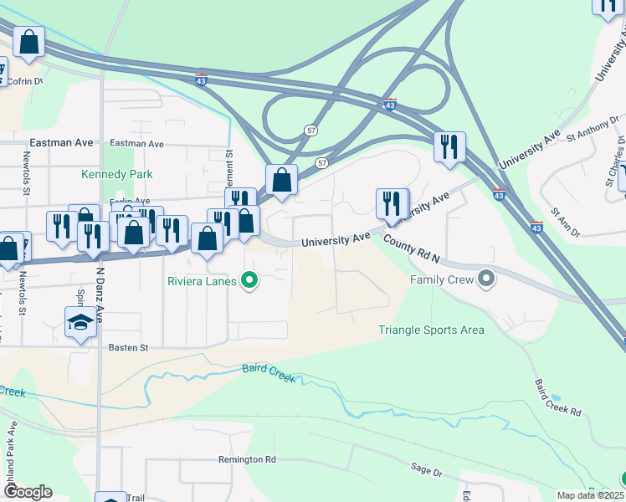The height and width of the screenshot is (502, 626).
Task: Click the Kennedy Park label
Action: (x=116, y=175)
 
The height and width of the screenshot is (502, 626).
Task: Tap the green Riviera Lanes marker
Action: (x=249, y=281)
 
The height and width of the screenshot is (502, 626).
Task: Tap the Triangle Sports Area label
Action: (x=431, y=330)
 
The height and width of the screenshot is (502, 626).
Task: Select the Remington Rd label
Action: (x=247, y=459)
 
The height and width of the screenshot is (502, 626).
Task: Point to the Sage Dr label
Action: (x=426, y=472)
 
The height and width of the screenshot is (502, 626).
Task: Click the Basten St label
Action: (x=127, y=347)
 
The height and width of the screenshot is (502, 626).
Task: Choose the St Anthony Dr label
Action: (x=593, y=131)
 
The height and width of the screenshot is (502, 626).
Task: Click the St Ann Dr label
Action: (x=566, y=223)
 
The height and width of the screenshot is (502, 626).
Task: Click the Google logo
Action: (x=28, y=492)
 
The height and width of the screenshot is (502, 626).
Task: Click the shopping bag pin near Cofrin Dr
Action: (x=28, y=42)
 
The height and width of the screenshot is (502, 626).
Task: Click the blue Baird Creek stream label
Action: (x=269, y=373)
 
